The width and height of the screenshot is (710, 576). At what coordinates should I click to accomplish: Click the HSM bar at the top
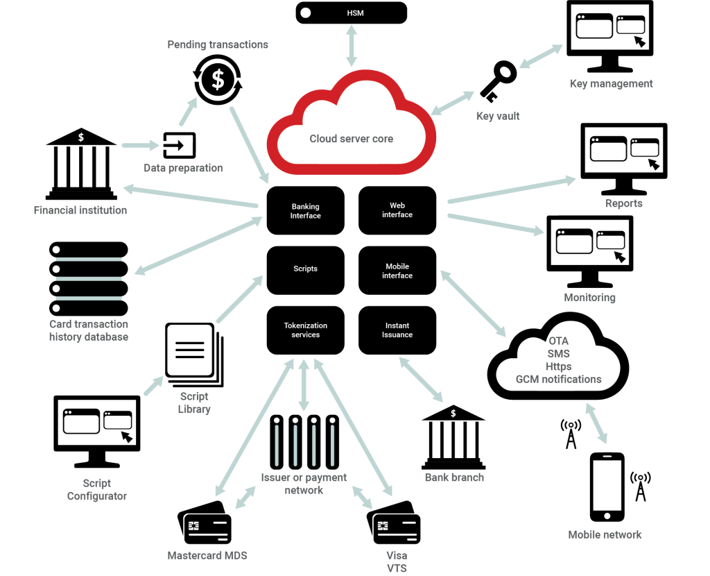tap(351, 12)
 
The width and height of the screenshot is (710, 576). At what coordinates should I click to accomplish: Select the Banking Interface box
tap(306, 211)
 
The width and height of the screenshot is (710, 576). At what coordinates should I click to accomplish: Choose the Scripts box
tap(306, 270)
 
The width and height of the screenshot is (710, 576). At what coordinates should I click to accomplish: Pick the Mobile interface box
tap(397, 270)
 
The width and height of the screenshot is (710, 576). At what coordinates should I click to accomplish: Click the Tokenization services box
tap(306, 330)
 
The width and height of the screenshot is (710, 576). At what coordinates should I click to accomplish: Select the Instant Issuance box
tap(397, 330)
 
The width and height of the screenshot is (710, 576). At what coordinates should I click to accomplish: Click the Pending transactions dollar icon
tap(218, 79)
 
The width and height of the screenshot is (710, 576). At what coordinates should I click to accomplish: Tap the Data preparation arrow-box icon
tap(180, 145)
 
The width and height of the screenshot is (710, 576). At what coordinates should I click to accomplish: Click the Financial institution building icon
tap(81, 164)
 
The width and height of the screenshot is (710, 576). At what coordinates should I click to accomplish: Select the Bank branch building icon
tap(453, 437)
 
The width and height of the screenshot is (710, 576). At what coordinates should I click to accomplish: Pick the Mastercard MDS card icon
tap(205, 522)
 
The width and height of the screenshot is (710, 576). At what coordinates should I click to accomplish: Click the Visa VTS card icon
tap(394, 522)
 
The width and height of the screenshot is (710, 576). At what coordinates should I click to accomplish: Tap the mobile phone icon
tap(607, 486)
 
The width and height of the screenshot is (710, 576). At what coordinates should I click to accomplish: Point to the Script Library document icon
tap(194, 355)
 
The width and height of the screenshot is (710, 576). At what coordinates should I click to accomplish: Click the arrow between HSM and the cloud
tap(352, 46)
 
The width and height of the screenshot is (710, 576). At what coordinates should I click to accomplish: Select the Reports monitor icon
tap(623, 159)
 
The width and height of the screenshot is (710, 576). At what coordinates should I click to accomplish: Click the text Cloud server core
tap(352, 139)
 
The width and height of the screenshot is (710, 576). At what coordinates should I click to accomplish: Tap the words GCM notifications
tap(559, 380)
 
